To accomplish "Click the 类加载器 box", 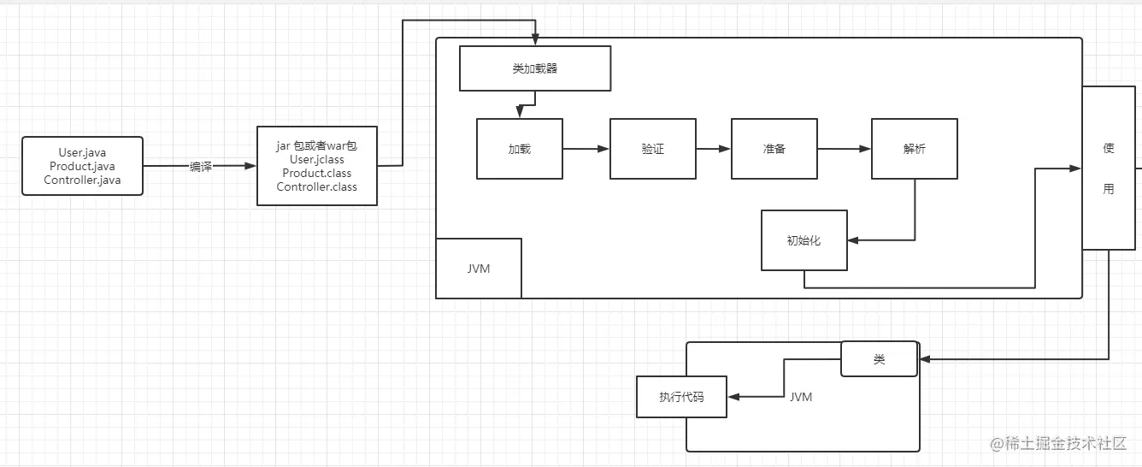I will click(535, 68).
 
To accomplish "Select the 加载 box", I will click(520, 149).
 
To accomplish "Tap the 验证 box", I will click(653, 149).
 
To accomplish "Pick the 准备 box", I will click(774, 149).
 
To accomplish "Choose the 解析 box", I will click(915, 149).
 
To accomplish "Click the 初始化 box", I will click(804, 240).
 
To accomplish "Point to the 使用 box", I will click(1109, 168).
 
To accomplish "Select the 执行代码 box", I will click(681, 397).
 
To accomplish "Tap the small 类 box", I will click(880, 359).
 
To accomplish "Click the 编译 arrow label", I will click(201, 167).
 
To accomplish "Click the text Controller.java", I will click(83, 180).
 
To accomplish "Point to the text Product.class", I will click(317, 174).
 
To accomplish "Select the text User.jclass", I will click(317, 160).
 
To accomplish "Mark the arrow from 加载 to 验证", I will click(586, 149).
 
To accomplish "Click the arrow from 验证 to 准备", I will click(714, 149).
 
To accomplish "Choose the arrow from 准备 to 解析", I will click(845, 149).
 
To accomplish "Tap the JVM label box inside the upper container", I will click(479, 268).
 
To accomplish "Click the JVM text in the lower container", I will click(801, 397).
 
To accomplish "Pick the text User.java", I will click(83, 153).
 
